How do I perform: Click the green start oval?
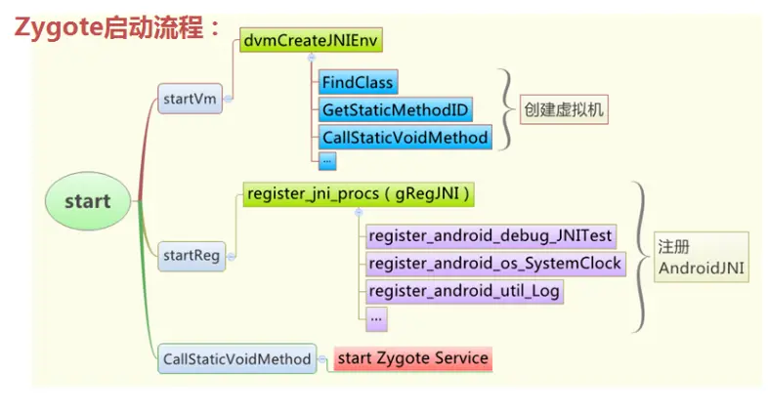point(88,202)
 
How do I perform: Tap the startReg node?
point(190,256)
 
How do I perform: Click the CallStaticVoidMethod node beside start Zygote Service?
point(235,358)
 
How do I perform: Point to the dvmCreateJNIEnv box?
point(312,40)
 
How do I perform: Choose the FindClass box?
point(358,82)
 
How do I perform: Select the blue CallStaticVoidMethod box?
point(404,138)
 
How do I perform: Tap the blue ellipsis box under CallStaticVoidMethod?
point(327,160)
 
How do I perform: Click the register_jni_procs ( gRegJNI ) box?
point(360,194)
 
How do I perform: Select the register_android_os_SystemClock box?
point(493,263)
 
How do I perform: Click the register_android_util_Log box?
point(464,290)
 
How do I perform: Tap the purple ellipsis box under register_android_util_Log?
point(376,316)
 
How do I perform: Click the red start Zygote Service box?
point(411,358)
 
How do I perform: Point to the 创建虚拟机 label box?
point(563,109)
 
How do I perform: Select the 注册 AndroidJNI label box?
point(702,257)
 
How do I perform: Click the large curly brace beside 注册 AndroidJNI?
point(640,257)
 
